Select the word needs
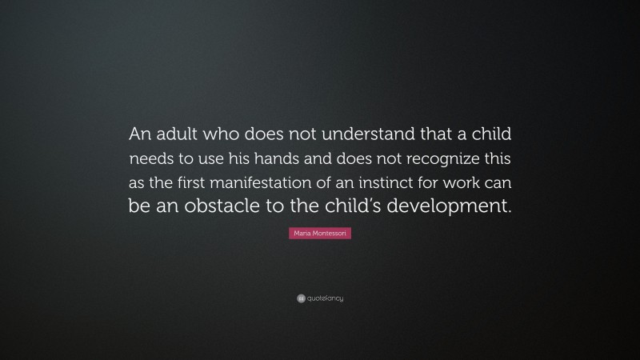[x=150, y=157]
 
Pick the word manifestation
[x=269, y=182]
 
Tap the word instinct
[x=398, y=182]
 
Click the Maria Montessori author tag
[x=320, y=231]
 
